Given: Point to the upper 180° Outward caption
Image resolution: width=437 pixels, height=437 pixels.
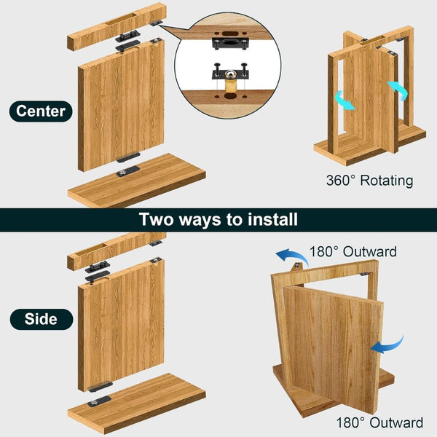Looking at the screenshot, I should point(354,251).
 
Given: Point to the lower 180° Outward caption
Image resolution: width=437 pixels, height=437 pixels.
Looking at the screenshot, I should point(379,422).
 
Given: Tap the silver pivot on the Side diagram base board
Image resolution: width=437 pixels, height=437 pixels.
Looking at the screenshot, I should point(92,401).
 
